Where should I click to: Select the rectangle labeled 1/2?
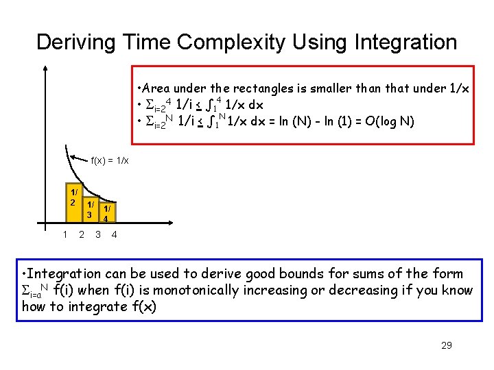coord(72,203)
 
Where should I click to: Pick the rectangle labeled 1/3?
coord(89,212)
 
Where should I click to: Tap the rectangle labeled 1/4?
coord(106,214)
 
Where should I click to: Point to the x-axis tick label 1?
coord(64,235)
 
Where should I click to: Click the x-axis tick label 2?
coord(82,235)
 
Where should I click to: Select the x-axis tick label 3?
coord(98,235)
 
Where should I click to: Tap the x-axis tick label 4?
coord(114,235)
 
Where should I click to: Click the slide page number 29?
coord(446,345)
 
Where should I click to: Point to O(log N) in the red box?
coord(390,122)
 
